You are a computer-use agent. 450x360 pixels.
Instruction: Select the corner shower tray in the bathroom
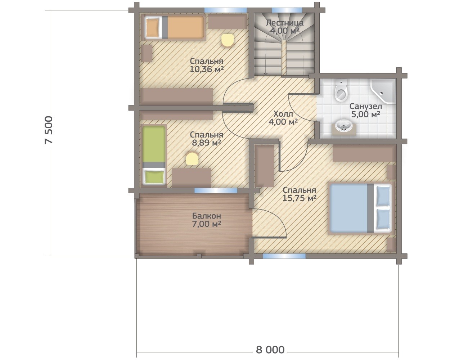(383, 91)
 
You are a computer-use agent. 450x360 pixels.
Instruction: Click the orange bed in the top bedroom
(174, 27)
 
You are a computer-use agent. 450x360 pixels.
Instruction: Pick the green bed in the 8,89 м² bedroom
(154, 155)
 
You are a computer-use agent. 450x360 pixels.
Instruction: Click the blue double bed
(360, 208)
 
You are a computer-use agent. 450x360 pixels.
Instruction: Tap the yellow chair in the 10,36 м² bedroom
(227, 41)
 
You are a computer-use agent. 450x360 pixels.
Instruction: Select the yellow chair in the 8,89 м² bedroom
(192, 158)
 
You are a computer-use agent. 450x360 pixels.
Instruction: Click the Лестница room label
(285, 23)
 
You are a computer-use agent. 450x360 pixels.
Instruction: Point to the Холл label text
(283, 114)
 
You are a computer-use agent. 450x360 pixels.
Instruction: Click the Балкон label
(207, 216)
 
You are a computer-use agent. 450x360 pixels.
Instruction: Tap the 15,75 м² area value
(299, 198)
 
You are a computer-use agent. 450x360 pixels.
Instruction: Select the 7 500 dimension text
(49, 130)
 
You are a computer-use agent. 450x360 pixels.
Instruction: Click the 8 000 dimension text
(270, 350)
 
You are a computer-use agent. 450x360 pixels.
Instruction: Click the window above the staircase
(287, 10)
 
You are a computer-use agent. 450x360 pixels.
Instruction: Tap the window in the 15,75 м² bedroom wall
(284, 256)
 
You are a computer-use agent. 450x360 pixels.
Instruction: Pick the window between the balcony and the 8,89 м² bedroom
(216, 190)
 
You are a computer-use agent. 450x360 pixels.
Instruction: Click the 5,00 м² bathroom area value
(365, 114)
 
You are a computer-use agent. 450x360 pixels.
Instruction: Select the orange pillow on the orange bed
(152, 27)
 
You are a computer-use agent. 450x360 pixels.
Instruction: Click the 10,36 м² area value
(207, 69)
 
